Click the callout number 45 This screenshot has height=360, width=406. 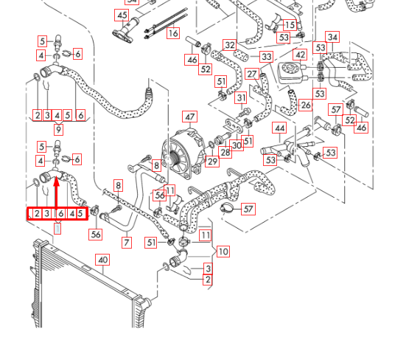[x=121, y=15]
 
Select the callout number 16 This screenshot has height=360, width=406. [x=173, y=33]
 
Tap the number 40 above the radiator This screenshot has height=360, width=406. [x=103, y=260]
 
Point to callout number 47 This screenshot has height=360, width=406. [x=190, y=117]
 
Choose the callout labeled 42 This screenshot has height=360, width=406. [x=300, y=55]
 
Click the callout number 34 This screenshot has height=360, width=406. [x=332, y=37]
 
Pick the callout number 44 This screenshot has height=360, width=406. [x=279, y=128]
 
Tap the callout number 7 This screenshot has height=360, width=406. [x=127, y=242]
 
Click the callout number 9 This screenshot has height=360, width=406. [x=57, y=130]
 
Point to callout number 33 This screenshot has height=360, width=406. [x=266, y=57]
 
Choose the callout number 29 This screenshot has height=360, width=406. [x=212, y=162]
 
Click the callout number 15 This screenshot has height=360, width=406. [x=290, y=25]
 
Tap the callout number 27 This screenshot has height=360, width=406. [x=252, y=75]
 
